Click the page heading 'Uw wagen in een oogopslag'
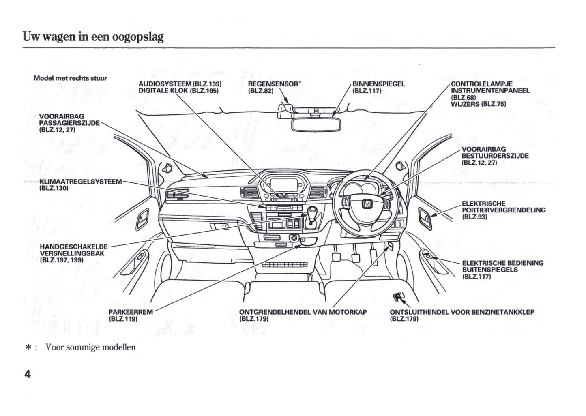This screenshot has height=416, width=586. coord(93,36)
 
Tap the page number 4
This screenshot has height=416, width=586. coord(27,374)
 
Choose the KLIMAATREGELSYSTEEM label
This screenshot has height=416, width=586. coord(80,182)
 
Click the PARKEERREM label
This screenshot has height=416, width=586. coord(131,312)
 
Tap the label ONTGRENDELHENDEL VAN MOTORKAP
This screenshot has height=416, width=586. coord(303,312)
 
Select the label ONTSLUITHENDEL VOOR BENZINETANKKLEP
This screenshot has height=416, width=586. coord(462,312)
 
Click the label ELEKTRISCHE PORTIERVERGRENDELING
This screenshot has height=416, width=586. coord(503,210)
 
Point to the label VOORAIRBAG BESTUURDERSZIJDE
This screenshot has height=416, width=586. coord(495,156)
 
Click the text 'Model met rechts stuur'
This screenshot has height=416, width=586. coord(70,78)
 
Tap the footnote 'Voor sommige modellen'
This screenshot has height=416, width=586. coord(90,347)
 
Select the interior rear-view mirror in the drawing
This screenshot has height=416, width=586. coord(316,124)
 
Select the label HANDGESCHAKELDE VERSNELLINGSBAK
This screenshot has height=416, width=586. coord(73,253)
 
